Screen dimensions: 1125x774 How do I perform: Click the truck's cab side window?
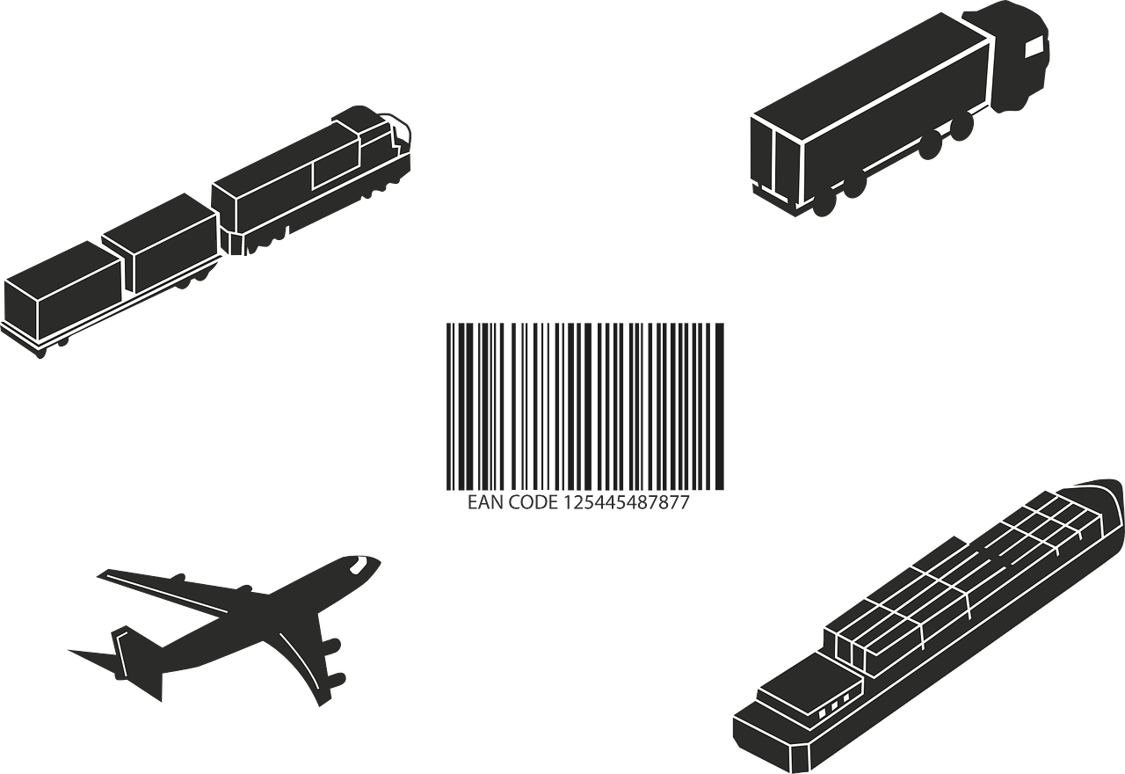point(1034,47)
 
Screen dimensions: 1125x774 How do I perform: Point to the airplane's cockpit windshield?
point(359,565)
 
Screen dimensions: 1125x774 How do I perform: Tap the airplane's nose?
point(375,562)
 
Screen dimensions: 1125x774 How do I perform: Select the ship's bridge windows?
point(834,710)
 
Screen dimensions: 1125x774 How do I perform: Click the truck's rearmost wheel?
point(823,203)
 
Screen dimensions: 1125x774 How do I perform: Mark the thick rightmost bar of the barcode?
point(719,406)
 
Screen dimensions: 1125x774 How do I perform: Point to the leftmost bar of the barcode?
point(448,406)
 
